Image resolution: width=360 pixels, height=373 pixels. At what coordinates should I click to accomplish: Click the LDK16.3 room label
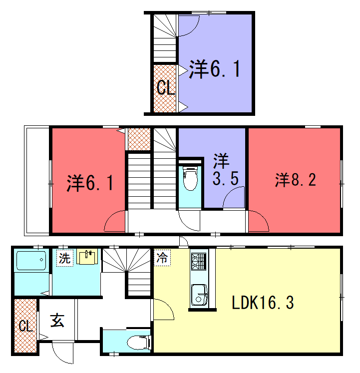pyautogui.click(x=263, y=303)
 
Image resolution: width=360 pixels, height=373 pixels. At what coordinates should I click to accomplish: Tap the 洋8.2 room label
pyautogui.click(x=296, y=180)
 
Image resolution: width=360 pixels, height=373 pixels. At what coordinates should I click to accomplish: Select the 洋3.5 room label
pyautogui.click(x=224, y=169)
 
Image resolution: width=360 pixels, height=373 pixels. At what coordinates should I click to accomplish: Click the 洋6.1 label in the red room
pyautogui.click(x=90, y=183)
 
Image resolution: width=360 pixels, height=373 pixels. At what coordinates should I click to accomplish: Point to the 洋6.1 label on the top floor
pyautogui.click(x=214, y=69)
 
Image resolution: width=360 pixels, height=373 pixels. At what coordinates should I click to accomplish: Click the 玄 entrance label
pyautogui.click(x=57, y=321)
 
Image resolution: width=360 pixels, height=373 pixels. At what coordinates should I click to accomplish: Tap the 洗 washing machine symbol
pyautogui.click(x=65, y=258)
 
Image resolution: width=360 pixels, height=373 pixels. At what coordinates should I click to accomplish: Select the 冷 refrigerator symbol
pyautogui.click(x=162, y=257)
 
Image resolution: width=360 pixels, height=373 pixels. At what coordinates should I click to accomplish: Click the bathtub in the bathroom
pyautogui.click(x=31, y=261)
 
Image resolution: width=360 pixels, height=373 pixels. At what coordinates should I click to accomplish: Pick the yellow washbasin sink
pyautogui.click(x=87, y=257)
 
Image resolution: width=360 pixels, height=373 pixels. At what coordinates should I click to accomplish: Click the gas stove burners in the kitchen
pyautogui.click(x=199, y=262)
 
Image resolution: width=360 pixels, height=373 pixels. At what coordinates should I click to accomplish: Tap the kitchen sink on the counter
pyautogui.click(x=199, y=295)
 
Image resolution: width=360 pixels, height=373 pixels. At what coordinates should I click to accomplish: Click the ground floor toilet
pyautogui.click(x=139, y=343)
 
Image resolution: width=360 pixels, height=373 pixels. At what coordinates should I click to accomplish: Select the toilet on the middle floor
pyautogui.click(x=190, y=178)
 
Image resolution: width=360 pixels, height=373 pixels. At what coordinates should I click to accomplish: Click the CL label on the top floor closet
pyautogui.click(x=166, y=88)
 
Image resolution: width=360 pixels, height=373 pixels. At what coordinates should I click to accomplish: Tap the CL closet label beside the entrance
pyautogui.click(x=25, y=326)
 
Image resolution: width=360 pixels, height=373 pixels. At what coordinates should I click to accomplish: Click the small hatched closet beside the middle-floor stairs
pyautogui.click(x=139, y=139)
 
